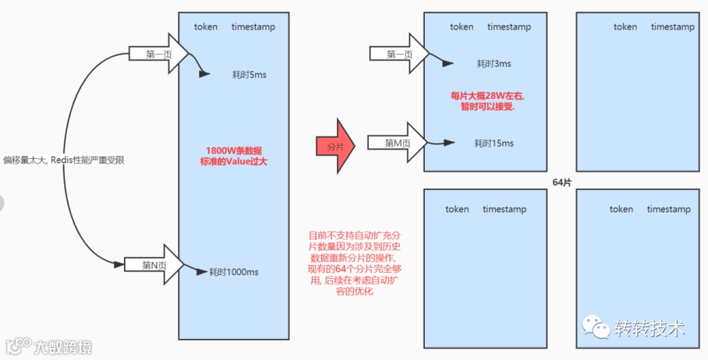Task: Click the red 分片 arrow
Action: pyautogui.click(x=335, y=146)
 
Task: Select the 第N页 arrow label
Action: pyautogui.click(x=154, y=265)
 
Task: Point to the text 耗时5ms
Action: pyautogui.click(x=249, y=75)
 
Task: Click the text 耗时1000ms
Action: pyautogui.click(x=233, y=271)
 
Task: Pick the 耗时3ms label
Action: pyautogui.click(x=494, y=64)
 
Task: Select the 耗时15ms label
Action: pyautogui.click(x=494, y=143)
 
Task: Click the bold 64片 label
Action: pyautogui.click(x=562, y=182)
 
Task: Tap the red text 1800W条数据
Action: pyautogui.click(x=233, y=149)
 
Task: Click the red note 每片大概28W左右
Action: pyautogui.click(x=488, y=96)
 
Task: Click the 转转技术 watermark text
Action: pyautogui.click(x=649, y=328)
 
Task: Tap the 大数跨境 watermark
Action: pyautogui.click(x=63, y=346)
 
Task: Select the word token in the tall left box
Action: pyautogui.click(x=206, y=27)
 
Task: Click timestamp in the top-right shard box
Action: pyautogui.click(x=673, y=27)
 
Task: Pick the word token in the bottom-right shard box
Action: pyautogui.click(x=621, y=209)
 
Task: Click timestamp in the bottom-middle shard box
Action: pyautogui.click(x=504, y=209)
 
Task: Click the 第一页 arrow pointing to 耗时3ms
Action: pyautogui.click(x=399, y=54)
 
